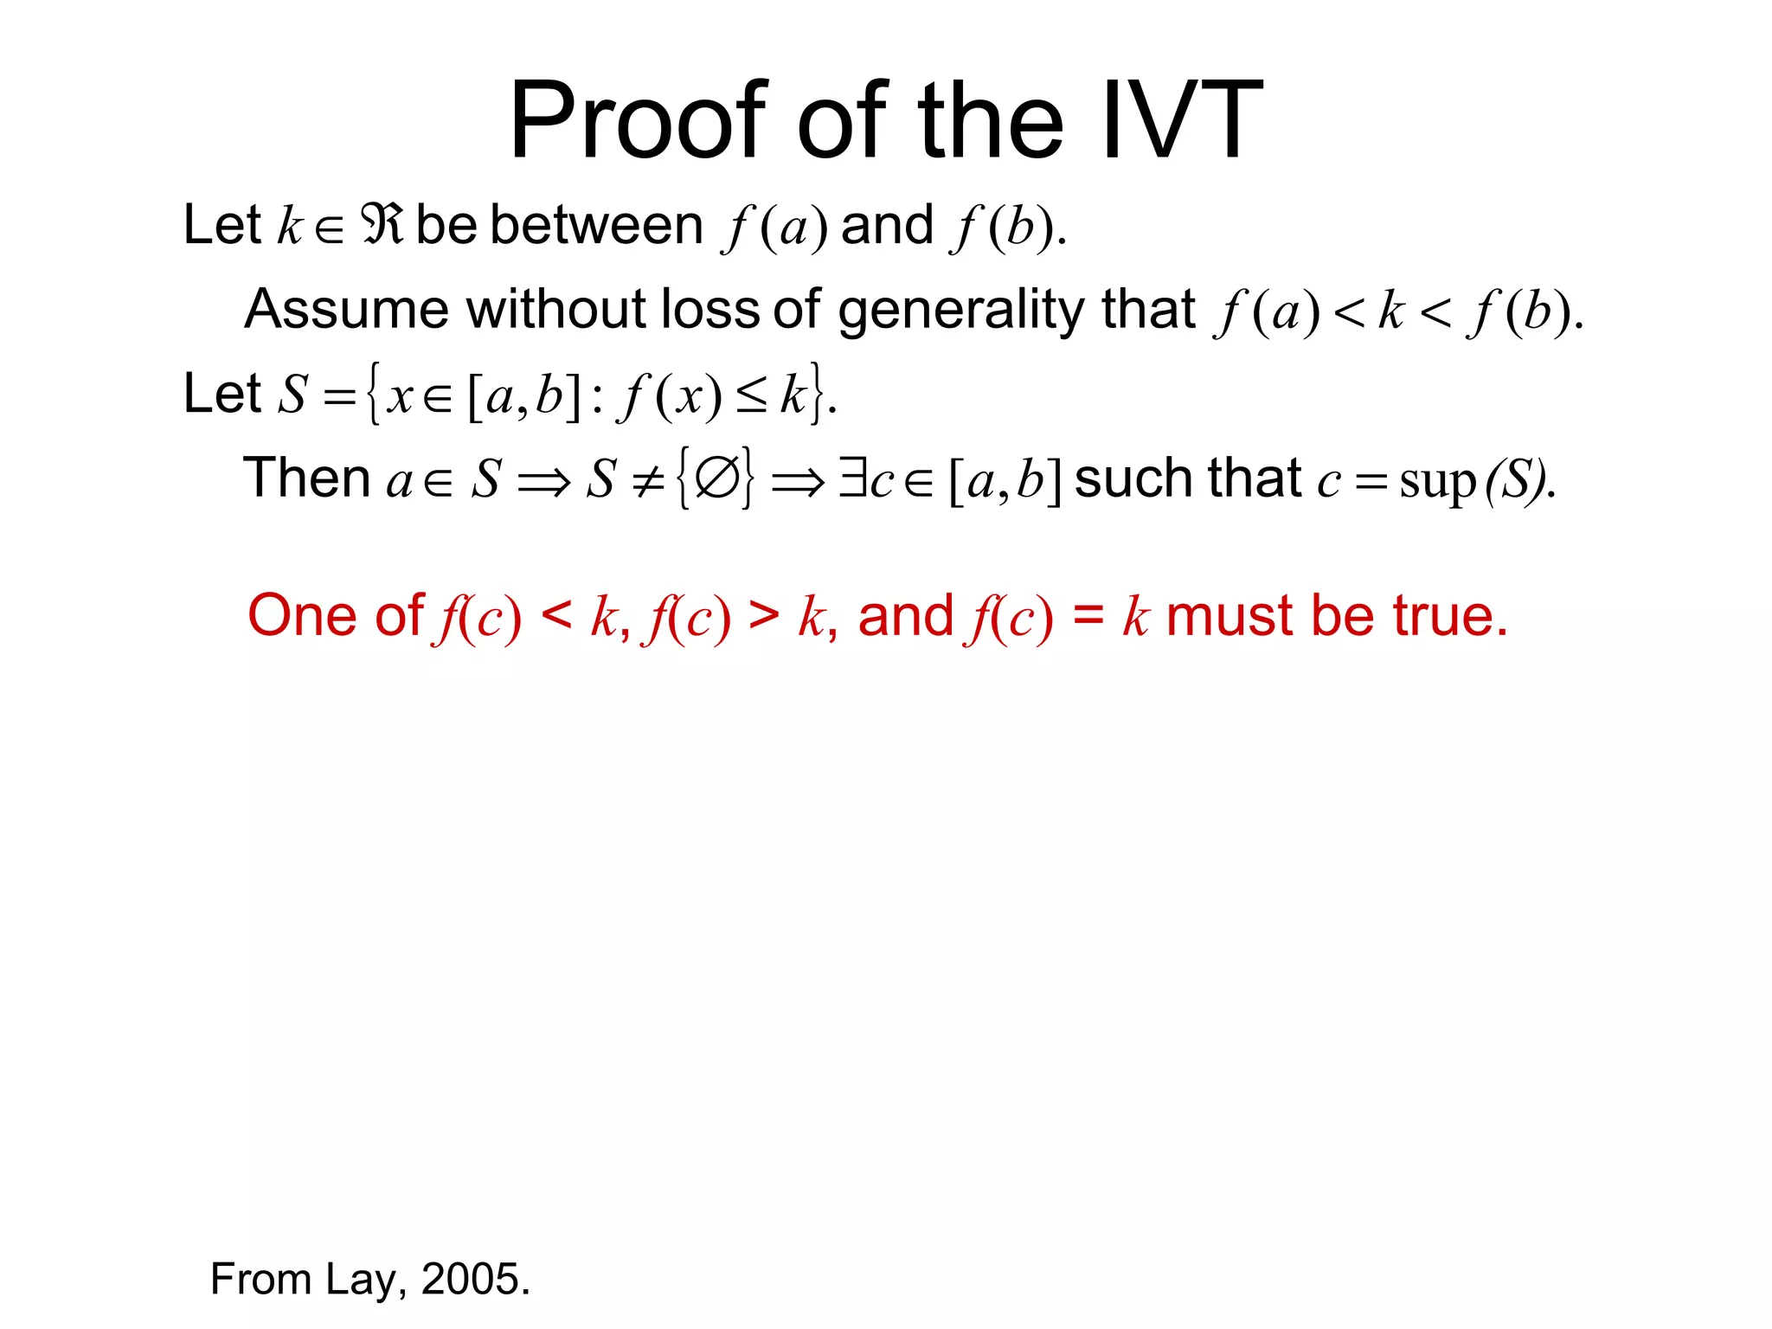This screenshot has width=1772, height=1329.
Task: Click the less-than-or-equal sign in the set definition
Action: pos(751,397)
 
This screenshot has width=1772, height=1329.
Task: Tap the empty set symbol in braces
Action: pos(716,478)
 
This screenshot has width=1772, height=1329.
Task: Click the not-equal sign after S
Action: pos(647,480)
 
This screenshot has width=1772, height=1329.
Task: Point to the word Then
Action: pos(307,478)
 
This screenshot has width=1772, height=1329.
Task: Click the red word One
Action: pos(300,616)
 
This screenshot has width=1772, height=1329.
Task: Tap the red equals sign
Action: pos(1088,616)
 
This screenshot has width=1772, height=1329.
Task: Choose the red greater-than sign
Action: pos(763,616)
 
